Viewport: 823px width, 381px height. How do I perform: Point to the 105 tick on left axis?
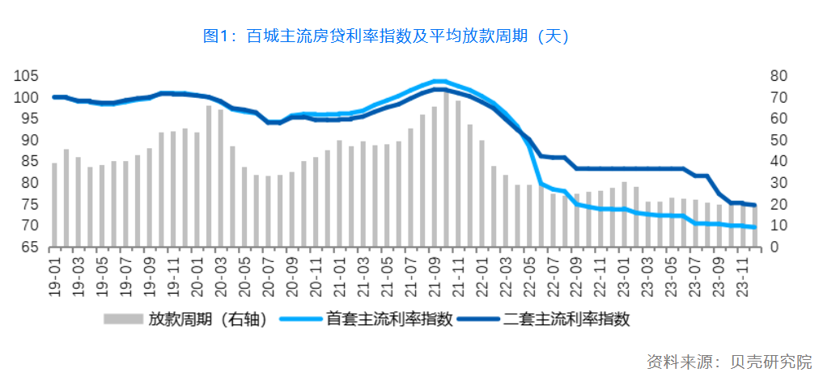pos(25,76)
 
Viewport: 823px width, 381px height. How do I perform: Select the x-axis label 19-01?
pos(55,275)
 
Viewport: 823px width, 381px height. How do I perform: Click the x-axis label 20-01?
pos(197,275)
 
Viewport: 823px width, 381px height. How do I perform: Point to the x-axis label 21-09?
pos(435,275)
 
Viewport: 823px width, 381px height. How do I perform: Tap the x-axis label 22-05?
pos(530,275)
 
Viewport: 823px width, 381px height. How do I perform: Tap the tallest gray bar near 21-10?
pos(446,170)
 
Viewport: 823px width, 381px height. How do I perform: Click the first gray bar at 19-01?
pos(54,205)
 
